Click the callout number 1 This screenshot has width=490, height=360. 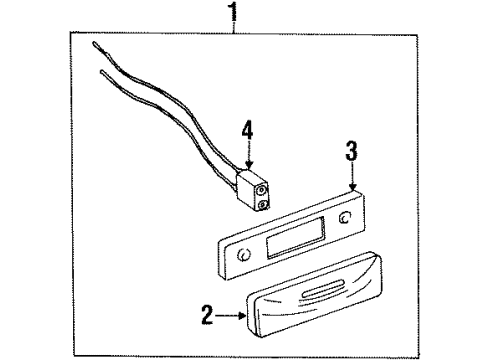[235, 14]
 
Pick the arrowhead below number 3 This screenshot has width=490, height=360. [351, 187]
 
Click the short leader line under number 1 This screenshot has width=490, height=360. [235, 28]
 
